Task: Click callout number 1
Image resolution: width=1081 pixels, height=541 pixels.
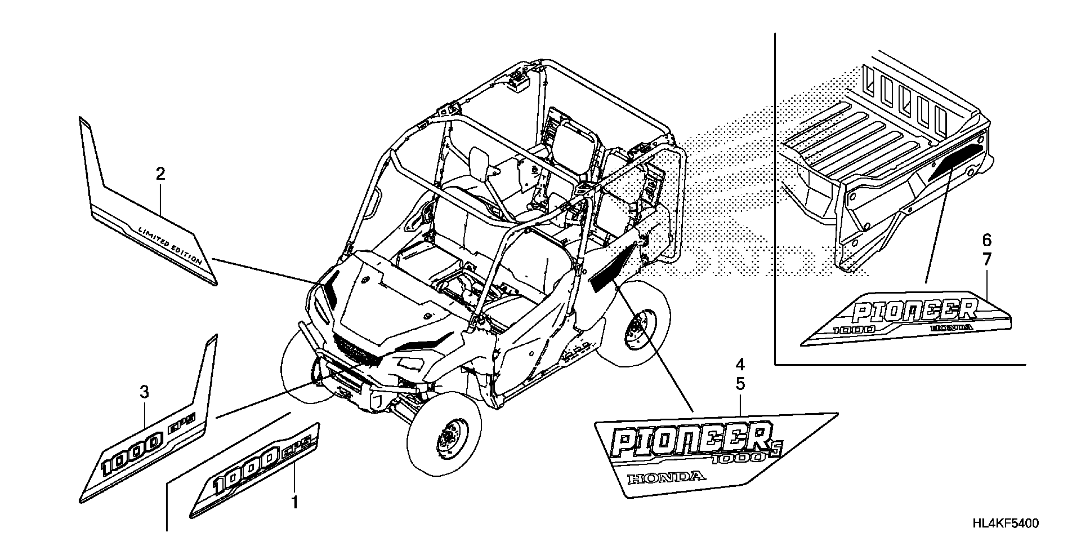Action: pos(295,502)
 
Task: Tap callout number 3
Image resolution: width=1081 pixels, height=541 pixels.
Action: pos(144,393)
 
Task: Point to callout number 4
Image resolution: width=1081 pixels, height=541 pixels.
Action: pos(740,365)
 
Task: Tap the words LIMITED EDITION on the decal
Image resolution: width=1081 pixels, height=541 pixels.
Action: pos(170,245)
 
